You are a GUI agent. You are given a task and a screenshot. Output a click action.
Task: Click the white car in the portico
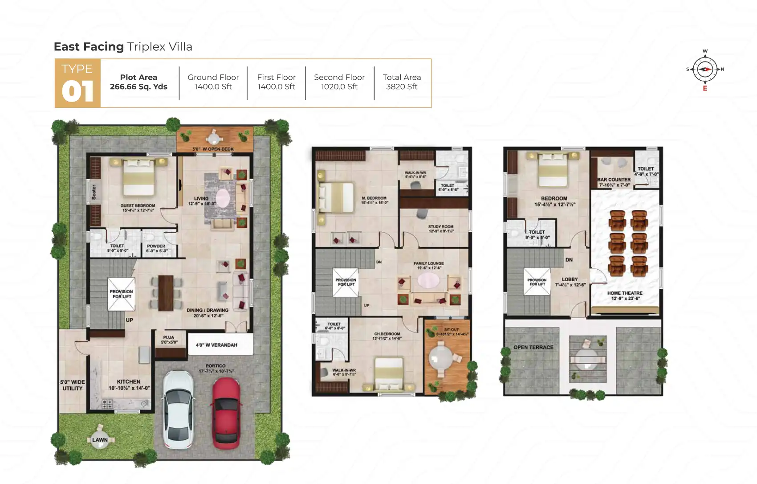[x=178, y=409]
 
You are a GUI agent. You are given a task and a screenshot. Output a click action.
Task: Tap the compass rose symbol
[x=705, y=70]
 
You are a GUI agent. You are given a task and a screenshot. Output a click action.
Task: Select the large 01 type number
[x=77, y=91]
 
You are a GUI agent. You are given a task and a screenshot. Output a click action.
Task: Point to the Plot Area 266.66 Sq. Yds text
[x=138, y=82]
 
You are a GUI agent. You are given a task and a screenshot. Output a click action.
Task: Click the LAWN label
[x=100, y=440]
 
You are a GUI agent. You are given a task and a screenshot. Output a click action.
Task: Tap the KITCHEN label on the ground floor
[x=128, y=382]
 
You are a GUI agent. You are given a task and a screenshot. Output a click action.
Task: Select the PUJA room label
[x=168, y=337]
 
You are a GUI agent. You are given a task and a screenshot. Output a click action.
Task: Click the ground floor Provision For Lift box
[x=121, y=294]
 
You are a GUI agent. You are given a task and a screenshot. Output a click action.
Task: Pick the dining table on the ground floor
[x=166, y=293]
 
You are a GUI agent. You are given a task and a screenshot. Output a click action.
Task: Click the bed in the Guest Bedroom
[x=138, y=178]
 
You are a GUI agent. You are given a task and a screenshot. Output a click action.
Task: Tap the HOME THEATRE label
[x=625, y=293]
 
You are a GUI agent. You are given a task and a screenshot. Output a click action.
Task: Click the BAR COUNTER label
[x=614, y=180]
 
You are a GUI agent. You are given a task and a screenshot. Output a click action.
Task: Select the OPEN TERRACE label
[x=533, y=347]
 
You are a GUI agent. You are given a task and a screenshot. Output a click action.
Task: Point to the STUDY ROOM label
[x=441, y=227]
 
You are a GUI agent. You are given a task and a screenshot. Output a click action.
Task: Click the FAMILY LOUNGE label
[x=428, y=263]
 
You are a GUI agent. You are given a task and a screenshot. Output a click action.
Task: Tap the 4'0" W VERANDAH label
[x=216, y=345]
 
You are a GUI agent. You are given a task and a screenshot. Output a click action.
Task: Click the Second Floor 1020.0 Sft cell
[x=339, y=82]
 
